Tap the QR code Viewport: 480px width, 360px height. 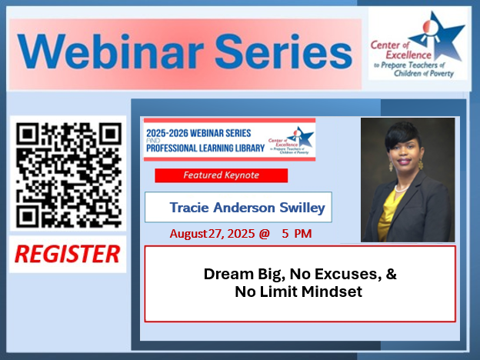click(68, 172)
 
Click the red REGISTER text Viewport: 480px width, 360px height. click(68, 253)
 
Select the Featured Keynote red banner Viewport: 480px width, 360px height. click(221, 175)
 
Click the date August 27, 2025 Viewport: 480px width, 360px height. click(214, 233)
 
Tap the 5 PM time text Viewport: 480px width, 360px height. click(297, 233)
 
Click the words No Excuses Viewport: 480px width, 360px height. click(326, 274)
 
